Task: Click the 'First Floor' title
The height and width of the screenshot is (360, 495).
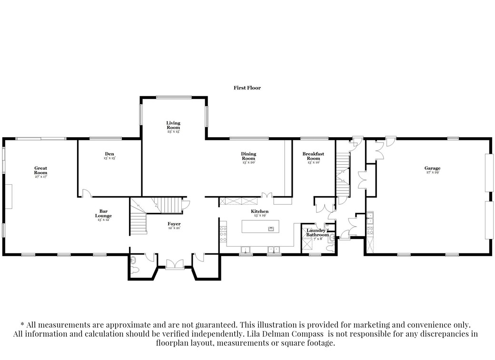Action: point(247,88)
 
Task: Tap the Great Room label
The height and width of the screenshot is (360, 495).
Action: point(40,170)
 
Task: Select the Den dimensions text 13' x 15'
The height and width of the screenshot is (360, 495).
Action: point(109,158)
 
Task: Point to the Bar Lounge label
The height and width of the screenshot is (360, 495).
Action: point(103,213)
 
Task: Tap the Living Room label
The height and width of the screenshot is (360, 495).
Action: point(173,125)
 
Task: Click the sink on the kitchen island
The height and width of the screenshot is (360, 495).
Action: point(271,229)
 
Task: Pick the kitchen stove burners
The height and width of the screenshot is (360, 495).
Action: point(222,234)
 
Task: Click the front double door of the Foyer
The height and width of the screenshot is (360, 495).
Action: point(174,264)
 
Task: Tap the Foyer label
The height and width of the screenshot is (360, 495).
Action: point(174,224)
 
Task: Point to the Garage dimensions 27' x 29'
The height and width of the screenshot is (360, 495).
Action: point(432,172)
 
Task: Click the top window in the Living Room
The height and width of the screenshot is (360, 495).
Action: point(174,97)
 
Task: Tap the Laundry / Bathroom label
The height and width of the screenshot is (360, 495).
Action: point(317,232)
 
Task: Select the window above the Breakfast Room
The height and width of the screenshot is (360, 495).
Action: point(314,139)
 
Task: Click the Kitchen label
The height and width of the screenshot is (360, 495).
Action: point(260,211)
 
